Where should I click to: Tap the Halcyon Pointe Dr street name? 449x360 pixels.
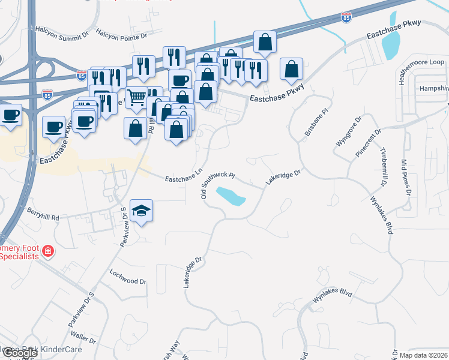(121, 35)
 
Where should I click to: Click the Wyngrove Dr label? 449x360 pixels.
(345, 139)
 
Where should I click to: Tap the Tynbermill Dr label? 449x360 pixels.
(383, 161)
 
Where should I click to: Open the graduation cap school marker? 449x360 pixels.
(142, 211)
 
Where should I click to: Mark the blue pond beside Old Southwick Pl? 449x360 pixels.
(231, 196)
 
